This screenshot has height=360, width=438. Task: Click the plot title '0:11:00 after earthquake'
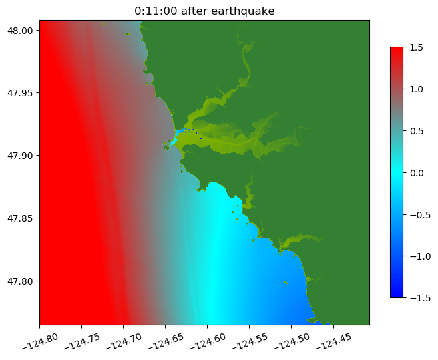(204, 11)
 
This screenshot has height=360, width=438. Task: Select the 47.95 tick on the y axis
(19, 92)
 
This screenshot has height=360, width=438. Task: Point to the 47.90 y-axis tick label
(19, 156)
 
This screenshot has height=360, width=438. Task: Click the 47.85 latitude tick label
(19, 218)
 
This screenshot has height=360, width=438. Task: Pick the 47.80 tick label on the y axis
(19, 281)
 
